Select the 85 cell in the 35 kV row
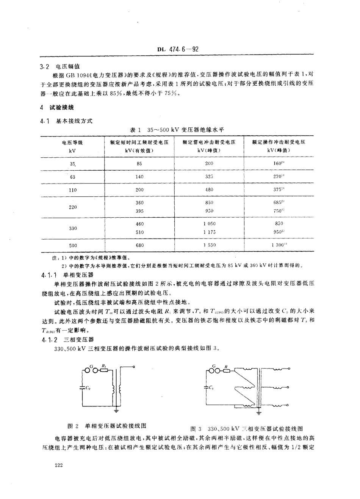(139, 164)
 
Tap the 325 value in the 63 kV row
(209, 176)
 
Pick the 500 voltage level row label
(73, 245)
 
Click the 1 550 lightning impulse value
(209, 245)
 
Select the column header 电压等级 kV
(72, 146)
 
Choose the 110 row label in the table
(73, 190)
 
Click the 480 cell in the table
(209, 190)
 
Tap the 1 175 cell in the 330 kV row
(209, 232)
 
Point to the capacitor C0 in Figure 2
(82, 388)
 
